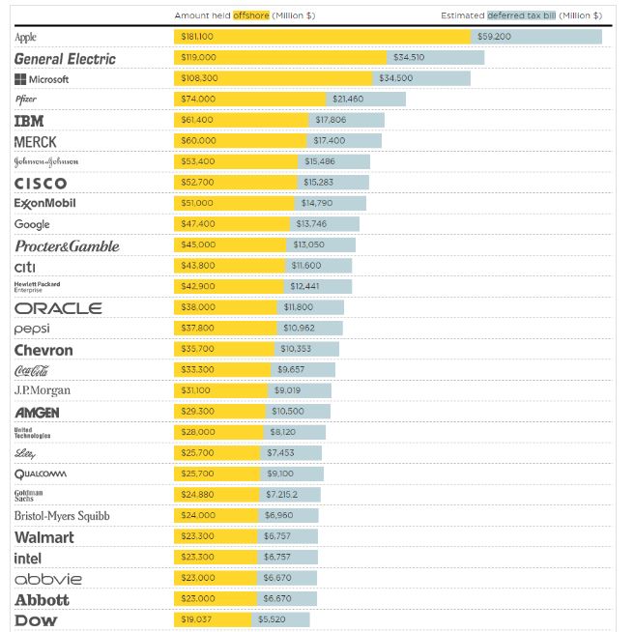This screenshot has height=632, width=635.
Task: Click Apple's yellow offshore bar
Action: point(323,37)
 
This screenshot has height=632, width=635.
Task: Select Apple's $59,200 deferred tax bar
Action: point(536,37)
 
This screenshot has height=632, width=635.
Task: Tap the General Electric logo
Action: point(65,59)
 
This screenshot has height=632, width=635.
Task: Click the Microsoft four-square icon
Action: point(20,79)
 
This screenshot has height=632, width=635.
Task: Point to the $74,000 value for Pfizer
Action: point(198,99)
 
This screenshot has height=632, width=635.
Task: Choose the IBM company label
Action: point(29,121)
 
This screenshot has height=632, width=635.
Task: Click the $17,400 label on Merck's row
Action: point(330,140)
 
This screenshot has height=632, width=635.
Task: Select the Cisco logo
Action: point(41,184)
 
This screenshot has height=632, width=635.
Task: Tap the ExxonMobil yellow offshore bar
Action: point(234,203)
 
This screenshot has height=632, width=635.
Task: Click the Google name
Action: point(32,224)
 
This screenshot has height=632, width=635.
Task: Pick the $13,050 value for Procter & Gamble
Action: point(308,244)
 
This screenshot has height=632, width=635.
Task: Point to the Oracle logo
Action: point(58,308)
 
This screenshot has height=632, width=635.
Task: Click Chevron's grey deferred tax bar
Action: point(307,349)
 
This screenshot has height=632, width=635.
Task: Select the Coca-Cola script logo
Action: point(31,370)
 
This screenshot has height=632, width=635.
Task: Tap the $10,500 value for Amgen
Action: point(287,411)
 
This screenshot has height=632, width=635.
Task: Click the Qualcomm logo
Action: point(41,474)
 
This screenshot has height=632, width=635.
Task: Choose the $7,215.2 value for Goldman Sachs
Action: point(281,495)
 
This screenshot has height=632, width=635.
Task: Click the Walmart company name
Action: point(44,537)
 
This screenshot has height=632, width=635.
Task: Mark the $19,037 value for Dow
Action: point(195,619)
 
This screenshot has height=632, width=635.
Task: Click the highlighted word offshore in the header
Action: point(251,15)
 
